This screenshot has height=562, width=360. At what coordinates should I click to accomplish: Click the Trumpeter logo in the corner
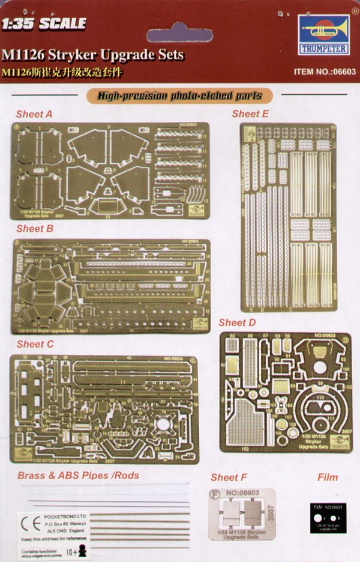[325, 34]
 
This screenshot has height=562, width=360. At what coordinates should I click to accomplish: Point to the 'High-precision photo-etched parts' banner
[178, 95]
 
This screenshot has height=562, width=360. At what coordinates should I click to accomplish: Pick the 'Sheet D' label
[238, 323]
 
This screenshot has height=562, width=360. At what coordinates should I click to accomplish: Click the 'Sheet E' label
[250, 113]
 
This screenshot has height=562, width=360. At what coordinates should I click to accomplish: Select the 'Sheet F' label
[229, 477]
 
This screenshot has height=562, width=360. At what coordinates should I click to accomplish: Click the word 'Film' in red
[327, 477]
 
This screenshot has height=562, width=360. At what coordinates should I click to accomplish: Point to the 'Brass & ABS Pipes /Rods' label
[78, 476]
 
